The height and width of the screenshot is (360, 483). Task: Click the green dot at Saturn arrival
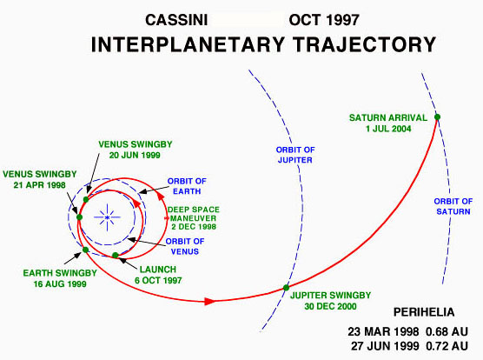pyautogui.click(x=437, y=117)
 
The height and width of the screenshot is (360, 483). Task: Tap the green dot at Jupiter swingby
pyautogui.click(x=286, y=288)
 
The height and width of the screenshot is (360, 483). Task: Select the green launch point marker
pyautogui.click(x=116, y=255)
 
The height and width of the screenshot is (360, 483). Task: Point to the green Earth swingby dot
pyautogui.click(x=86, y=250)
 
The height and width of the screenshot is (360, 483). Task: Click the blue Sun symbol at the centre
pyautogui.click(x=107, y=217)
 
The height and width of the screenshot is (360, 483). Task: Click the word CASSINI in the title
pyautogui.click(x=176, y=20)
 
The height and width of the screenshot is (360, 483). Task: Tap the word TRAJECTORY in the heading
pyautogui.click(x=364, y=44)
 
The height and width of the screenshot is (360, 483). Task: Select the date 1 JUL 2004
pyautogui.click(x=388, y=129)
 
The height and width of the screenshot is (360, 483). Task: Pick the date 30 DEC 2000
pyautogui.click(x=330, y=306)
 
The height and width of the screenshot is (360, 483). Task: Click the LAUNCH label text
pyautogui.click(x=158, y=270)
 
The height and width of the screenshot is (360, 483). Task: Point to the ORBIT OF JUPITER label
pyautogui.click(x=295, y=155)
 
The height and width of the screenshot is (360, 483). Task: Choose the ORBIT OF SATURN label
pyautogui.click(x=453, y=206)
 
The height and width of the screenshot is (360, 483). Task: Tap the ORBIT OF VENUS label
pyautogui.click(x=185, y=246)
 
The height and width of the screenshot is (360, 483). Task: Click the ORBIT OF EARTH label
pyautogui.click(x=187, y=186)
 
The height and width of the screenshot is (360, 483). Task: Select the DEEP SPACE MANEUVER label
pyautogui.click(x=194, y=218)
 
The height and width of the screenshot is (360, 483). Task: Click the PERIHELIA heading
pyautogui.click(x=424, y=312)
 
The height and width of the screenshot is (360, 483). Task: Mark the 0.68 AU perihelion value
pyautogui.click(x=447, y=332)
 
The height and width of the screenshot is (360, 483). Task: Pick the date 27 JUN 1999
pyautogui.click(x=385, y=346)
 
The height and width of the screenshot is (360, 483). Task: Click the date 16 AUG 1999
pyautogui.click(x=60, y=283)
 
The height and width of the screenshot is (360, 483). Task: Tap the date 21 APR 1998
pyautogui.click(x=39, y=185)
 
